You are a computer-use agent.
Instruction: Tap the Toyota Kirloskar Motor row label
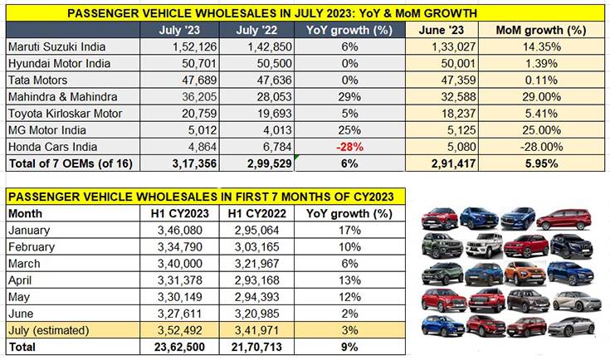click(x=64, y=113)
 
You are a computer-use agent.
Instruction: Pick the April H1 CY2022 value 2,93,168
click(x=252, y=279)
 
